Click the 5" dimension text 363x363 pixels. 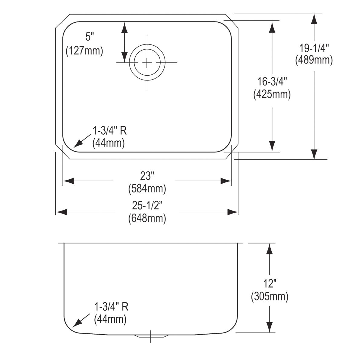(90, 37)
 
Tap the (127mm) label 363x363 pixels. (84, 51)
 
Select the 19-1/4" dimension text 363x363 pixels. (314, 48)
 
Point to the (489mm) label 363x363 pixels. (314, 60)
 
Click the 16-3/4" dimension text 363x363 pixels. (272, 82)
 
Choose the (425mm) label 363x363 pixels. (272, 94)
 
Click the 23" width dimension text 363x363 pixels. (147, 175)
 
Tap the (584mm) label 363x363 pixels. (147, 189)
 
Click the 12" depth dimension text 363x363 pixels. (269, 284)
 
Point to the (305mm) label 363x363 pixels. (270, 296)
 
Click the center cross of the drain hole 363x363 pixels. (147, 63)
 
